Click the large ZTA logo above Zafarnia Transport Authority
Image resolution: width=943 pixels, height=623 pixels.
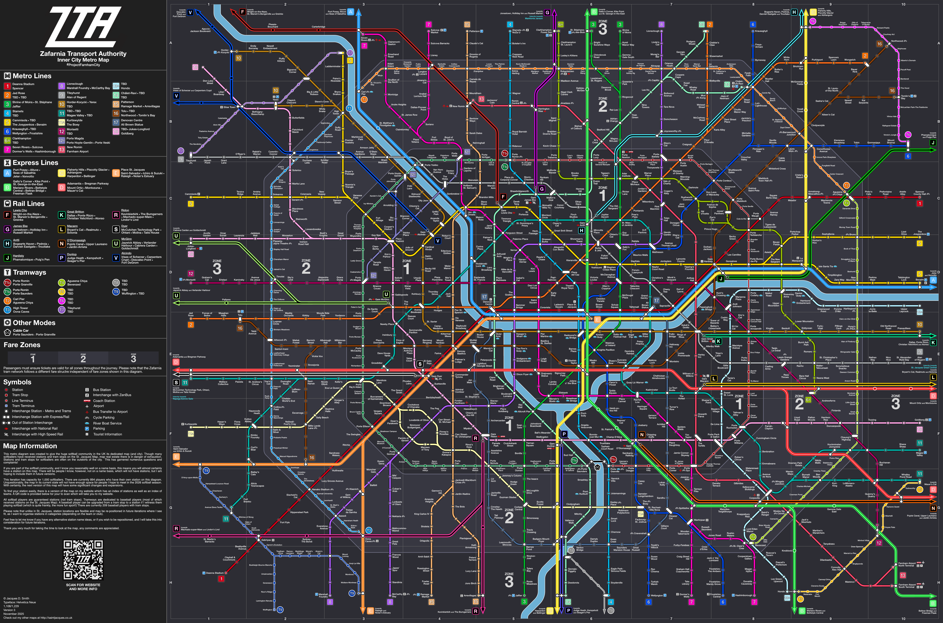(83, 27)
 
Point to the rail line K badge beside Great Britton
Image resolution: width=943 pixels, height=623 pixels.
(61, 215)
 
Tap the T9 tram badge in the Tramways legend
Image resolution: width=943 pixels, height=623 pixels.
(116, 292)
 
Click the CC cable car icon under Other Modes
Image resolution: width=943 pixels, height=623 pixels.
(7, 332)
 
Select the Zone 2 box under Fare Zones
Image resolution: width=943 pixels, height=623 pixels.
(83, 358)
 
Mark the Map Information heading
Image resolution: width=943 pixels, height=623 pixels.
(30, 446)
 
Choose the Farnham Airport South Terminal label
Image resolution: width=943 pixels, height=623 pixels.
(907, 586)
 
